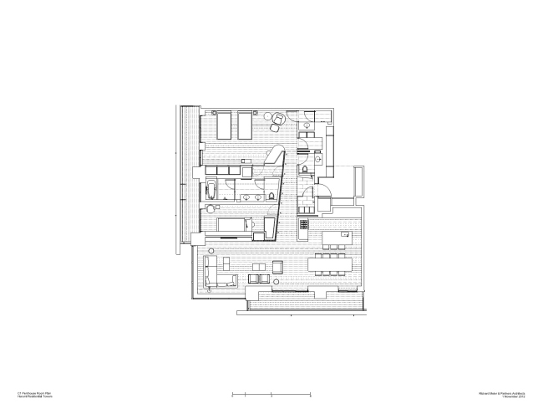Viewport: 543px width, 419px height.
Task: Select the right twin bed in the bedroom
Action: click(246, 126)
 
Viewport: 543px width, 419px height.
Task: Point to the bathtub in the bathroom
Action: click(211, 188)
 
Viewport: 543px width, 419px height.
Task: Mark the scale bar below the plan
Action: click(271, 392)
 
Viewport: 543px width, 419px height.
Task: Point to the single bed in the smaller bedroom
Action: click(235, 225)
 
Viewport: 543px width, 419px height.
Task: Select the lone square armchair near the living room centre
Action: click(277, 267)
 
